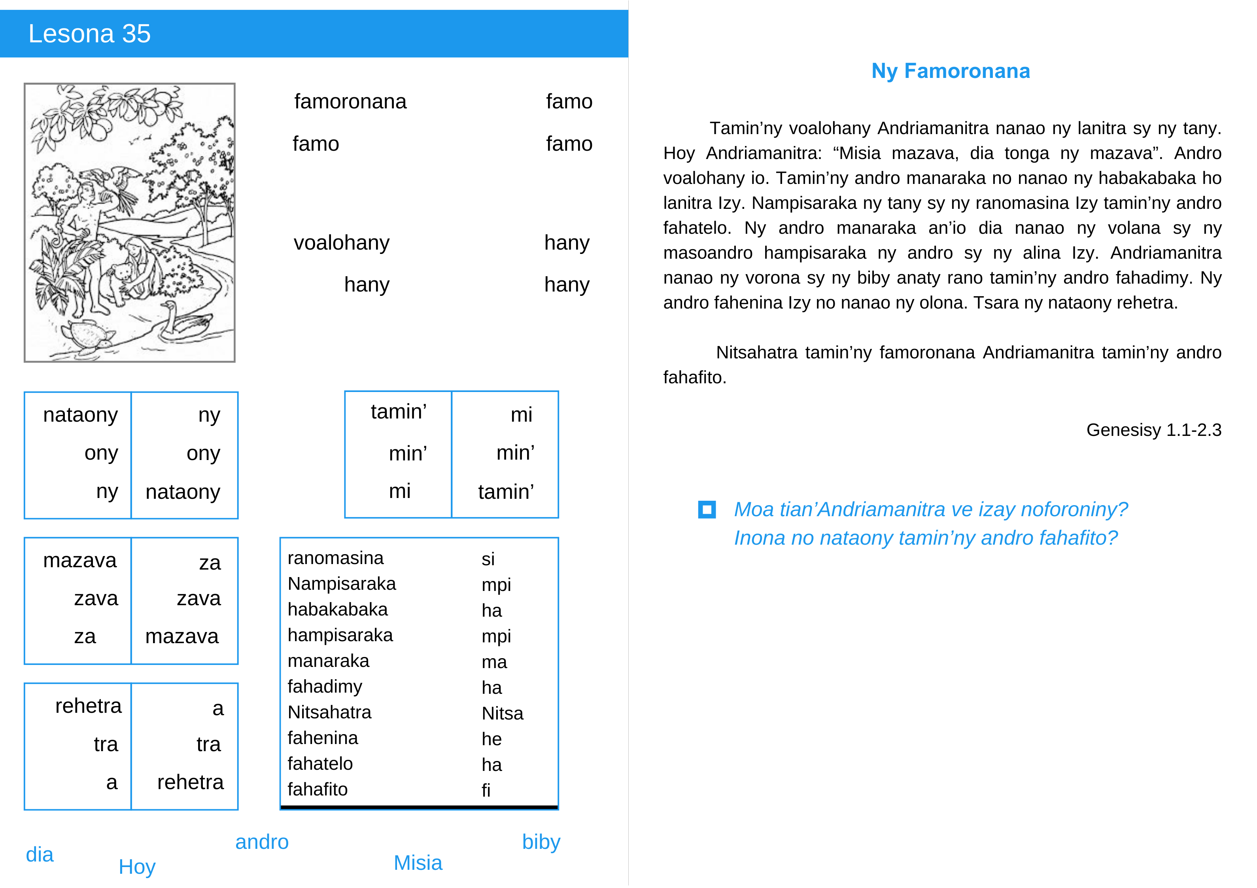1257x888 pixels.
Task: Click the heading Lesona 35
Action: point(89,34)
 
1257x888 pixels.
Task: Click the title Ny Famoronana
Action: point(951,71)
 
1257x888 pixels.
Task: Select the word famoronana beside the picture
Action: point(350,102)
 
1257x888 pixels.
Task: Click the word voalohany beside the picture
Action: point(341,243)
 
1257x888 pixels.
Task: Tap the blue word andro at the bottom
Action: point(262,842)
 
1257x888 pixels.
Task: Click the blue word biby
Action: point(541,842)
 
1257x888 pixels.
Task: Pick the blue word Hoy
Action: point(137,867)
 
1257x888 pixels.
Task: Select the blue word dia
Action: point(40,855)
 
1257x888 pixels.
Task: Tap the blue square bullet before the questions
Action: point(707,509)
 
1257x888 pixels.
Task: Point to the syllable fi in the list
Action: point(486,790)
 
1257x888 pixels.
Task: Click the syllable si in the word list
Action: point(488,559)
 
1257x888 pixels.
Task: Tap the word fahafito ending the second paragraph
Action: point(694,377)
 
